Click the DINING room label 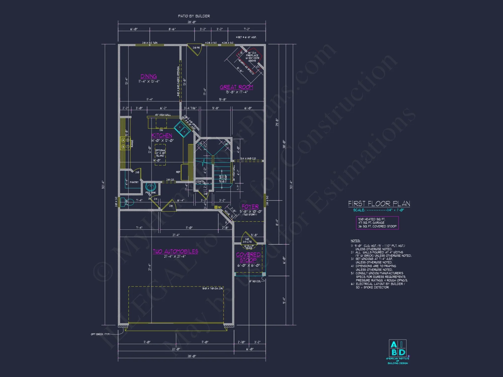point(149,76)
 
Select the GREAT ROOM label point(236,87)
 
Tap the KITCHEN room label point(162,135)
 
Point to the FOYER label point(250,207)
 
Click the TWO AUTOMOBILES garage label point(175,251)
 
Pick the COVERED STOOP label point(248,257)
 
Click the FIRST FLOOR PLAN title point(379,204)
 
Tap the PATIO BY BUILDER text point(194,16)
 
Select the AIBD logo point(398,348)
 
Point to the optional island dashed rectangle point(160,155)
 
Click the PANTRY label point(134,182)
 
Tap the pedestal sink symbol point(151,187)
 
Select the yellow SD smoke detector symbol point(216,207)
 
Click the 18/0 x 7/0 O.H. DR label point(213,288)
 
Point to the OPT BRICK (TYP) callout point(100,334)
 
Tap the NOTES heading point(355,241)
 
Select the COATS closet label point(200,181)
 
